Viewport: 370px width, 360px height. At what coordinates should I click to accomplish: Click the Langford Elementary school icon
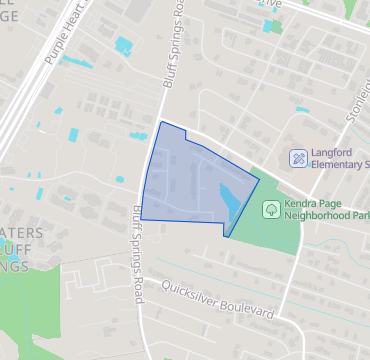[x=297, y=158]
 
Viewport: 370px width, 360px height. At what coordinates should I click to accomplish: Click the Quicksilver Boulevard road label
[x=216, y=299]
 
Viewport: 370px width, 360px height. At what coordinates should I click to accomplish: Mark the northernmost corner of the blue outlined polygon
[x=162, y=122]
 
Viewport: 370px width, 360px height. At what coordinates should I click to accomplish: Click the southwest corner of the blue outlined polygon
[x=141, y=219]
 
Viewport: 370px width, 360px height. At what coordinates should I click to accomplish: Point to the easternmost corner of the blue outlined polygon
[x=259, y=180]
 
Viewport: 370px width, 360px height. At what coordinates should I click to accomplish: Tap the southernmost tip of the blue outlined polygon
[x=226, y=237]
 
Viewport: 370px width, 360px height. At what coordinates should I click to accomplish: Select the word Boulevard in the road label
[x=247, y=307]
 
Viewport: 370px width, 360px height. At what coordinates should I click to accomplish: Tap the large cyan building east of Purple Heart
[x=123, y=45]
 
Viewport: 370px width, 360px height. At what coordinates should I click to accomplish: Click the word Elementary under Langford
[x=336, y=164]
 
